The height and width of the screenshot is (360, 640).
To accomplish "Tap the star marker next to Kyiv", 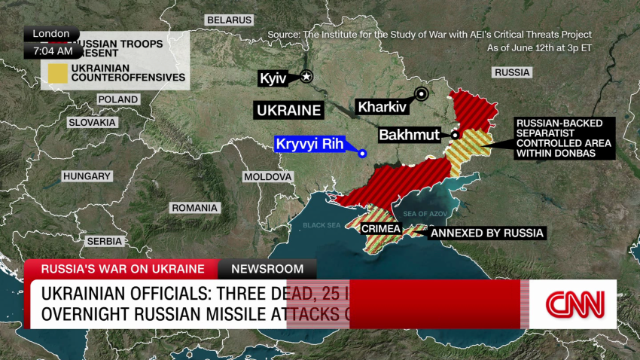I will pos(306,76).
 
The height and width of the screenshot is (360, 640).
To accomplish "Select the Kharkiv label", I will pos(382,107).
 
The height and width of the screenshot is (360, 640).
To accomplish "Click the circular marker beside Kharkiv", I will pos(422,94).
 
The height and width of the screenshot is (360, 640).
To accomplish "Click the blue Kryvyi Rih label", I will pos(309,145).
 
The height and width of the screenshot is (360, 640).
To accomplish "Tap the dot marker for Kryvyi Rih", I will pos(363,154).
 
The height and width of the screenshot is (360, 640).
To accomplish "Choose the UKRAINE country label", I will pos(289,110).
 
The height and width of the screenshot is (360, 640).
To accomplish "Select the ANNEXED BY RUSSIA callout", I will pos(486,233).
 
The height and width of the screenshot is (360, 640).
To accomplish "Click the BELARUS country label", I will pos(230,19).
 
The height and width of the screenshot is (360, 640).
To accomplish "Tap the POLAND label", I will pos(118,99).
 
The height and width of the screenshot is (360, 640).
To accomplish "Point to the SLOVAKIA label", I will pos(92,122).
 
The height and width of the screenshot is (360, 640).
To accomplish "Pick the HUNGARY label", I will pos(87,176).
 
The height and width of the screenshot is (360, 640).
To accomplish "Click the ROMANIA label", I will pos(194,208).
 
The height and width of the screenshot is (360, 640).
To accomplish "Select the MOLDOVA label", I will pos(267,177).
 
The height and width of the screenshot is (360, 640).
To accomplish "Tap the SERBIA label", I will pos(105,241).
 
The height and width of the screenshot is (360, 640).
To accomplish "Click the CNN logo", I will pos(574,304).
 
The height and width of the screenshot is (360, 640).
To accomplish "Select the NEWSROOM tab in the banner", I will pos(267,269).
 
